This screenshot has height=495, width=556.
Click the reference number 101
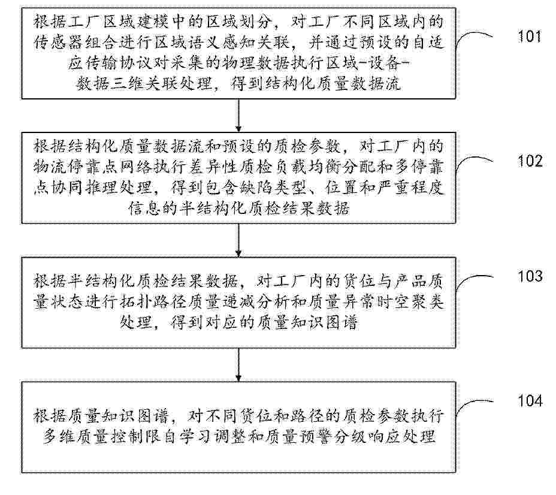(x=530, y=36)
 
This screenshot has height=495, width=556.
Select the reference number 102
(x=530, y=161)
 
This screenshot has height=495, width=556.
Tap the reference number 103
(x=530, y=276)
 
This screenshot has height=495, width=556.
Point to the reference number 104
(x=530, y=401)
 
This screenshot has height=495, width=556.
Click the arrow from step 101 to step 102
(x=238, y=116)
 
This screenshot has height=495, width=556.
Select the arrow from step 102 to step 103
(x=238, y=240)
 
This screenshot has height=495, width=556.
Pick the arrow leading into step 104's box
(x=238, y=365)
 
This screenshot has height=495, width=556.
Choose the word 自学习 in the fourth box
(x=186, y=436)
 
